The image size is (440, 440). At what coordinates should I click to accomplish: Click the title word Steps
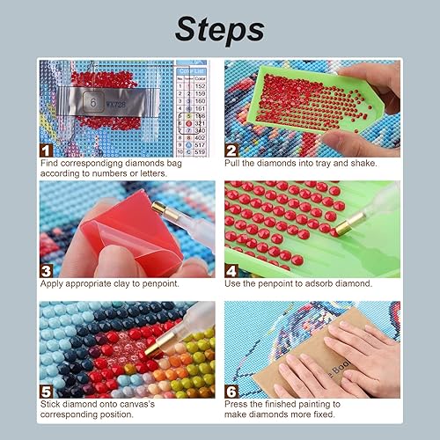coord(219,29)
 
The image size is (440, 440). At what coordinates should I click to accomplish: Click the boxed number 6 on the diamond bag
coord(92,101)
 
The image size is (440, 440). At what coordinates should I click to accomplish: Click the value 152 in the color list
coord(200,84)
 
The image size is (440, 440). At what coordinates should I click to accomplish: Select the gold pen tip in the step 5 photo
coord(156,349)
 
